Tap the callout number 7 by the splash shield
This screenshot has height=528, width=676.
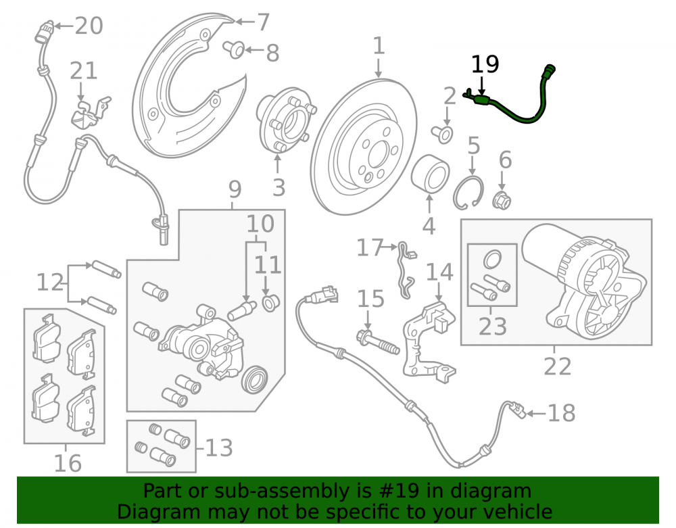click(x=263, y=22)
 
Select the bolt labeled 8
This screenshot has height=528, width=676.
click(x=234, y=49)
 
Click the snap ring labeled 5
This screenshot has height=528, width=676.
click(x=468, y=193)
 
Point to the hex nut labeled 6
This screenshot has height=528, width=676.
click(x=502, y=200)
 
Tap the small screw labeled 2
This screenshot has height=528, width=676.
click(x=442, y=134)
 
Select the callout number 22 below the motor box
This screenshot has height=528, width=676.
click(x=557, y=366)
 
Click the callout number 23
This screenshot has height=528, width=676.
click(x=492, y=327)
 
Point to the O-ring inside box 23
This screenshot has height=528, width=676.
click(x=492, y=260)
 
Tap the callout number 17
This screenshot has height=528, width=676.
click(x=370, y=248)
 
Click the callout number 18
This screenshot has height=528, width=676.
click(x=561, y=413)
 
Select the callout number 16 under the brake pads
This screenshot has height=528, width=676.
click(x=68, y=463)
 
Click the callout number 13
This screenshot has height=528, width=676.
click(x=219, y=448)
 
